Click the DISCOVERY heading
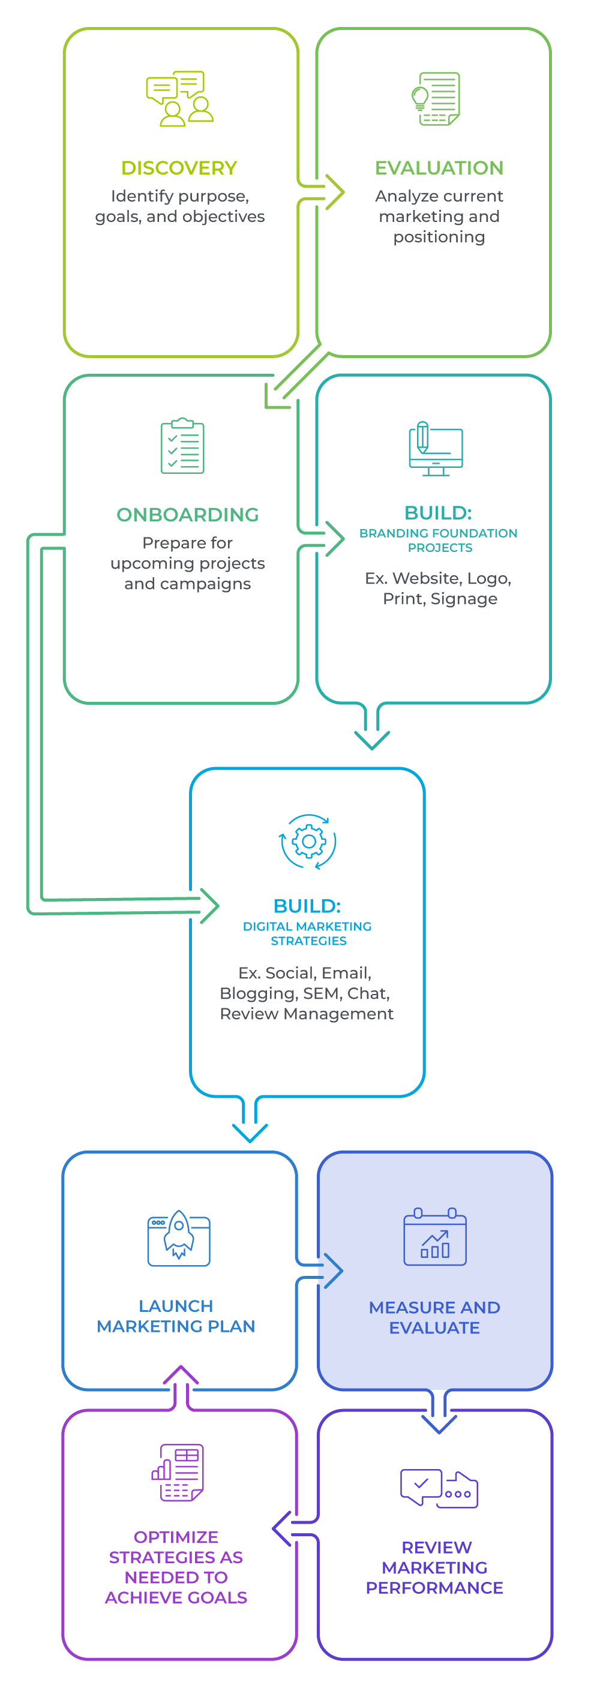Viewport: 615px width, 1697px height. coord(179,168)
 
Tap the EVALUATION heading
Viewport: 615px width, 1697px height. coord(439,168)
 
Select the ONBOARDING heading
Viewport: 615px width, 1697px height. coord(187,515)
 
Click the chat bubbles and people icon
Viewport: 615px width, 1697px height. coord(179,99)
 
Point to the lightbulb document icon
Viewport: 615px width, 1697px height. coord(436,99)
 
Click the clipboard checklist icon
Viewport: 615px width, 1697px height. coord(182,446)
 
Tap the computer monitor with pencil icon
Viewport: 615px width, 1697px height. coord(435,449)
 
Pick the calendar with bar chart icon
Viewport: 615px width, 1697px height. coord(434,1237)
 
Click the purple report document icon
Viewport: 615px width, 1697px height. coord(179,1473)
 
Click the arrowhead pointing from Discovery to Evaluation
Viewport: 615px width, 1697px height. coord(335,193)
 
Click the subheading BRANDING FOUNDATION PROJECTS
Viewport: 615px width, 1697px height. coord(439,540)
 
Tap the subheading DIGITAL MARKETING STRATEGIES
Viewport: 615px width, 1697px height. coord(307,933)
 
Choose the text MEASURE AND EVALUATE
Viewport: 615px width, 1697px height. coord(434,1317)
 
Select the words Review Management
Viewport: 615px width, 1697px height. coord(307,1014)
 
